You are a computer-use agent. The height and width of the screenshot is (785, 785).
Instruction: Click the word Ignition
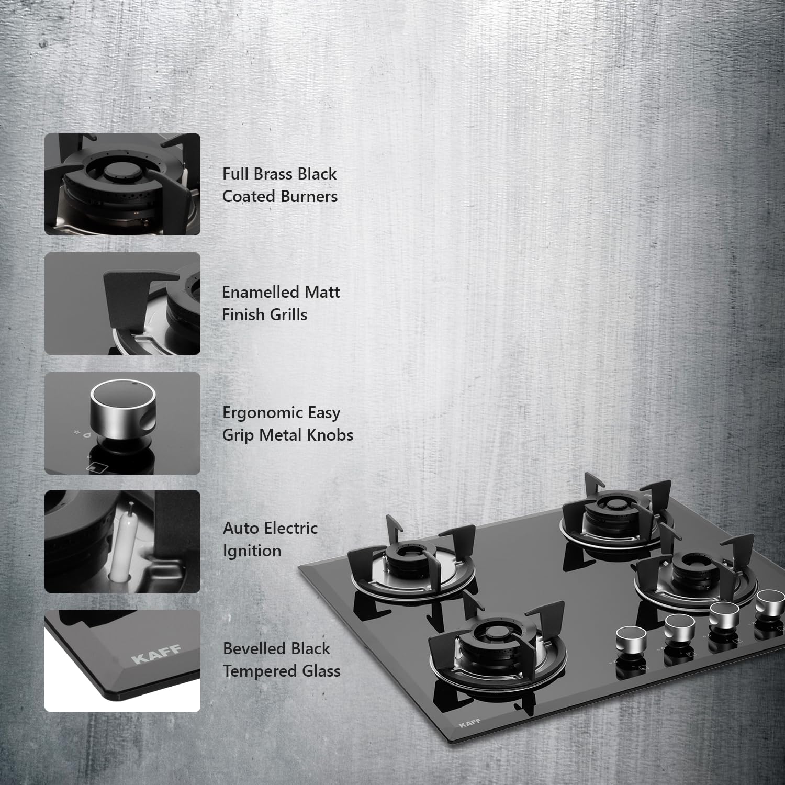(x=252, y=551)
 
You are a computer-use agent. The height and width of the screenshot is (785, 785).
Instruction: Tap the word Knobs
(x=330, y=435)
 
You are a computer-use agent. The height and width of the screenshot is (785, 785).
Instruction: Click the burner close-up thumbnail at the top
(x=122, y=184)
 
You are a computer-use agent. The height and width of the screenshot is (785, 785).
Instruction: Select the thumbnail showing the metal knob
(x=122, y=423)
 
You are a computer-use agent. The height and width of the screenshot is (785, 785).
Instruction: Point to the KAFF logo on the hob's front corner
(x=469, y=724)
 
